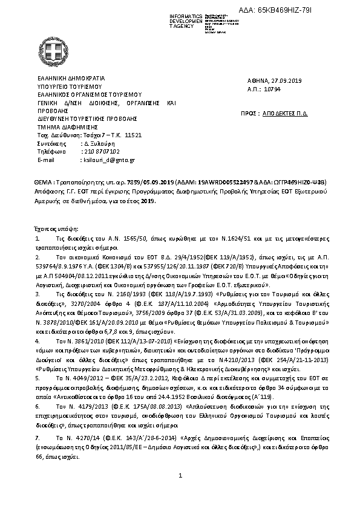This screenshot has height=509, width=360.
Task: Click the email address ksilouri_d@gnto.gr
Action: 108,160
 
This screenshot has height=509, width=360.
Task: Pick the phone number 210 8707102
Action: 100,152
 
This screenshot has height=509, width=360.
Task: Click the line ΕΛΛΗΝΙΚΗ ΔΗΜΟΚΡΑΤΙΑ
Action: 71,78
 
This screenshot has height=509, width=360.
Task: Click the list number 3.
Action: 38,293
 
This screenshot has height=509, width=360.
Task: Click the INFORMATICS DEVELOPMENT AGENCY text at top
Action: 186,20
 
